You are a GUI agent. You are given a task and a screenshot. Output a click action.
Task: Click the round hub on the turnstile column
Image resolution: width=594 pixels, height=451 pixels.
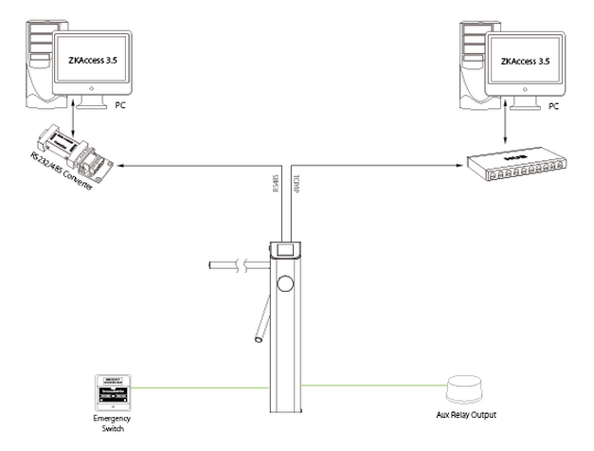tap(284, 281)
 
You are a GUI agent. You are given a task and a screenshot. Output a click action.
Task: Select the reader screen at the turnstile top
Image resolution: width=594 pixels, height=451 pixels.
tap(285, 251)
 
